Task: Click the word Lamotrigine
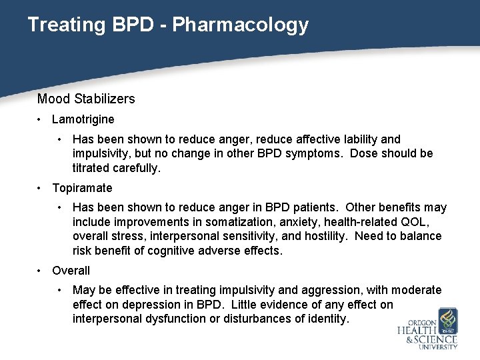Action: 83,120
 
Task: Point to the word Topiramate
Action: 82,189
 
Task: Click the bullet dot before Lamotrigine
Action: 41,120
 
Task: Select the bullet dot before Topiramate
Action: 41,189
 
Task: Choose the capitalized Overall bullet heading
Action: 71,271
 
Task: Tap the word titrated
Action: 92,169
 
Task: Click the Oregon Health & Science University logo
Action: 429,329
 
